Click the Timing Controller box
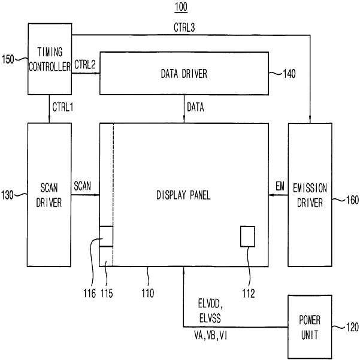click(50, 59)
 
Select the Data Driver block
click(184, 73)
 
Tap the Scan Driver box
click(49, 195)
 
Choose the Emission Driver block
click(310, 195)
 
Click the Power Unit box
click(310, 327)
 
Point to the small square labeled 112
click(247, 237)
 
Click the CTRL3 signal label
click(184, 28)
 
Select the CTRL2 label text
click(85, 65)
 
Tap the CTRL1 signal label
click(63, 107)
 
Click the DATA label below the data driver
click(195, 107)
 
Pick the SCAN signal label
click(83, 186)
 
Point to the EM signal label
click(280, 186)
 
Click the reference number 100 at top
click(181, 7)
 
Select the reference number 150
click(8, 59)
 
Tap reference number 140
click(289, 74)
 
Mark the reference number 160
click(352, 200)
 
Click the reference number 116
click(89, 294)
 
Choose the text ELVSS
click(210, 319)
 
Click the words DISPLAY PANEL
click(183, 195)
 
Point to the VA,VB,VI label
click(211, 335)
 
